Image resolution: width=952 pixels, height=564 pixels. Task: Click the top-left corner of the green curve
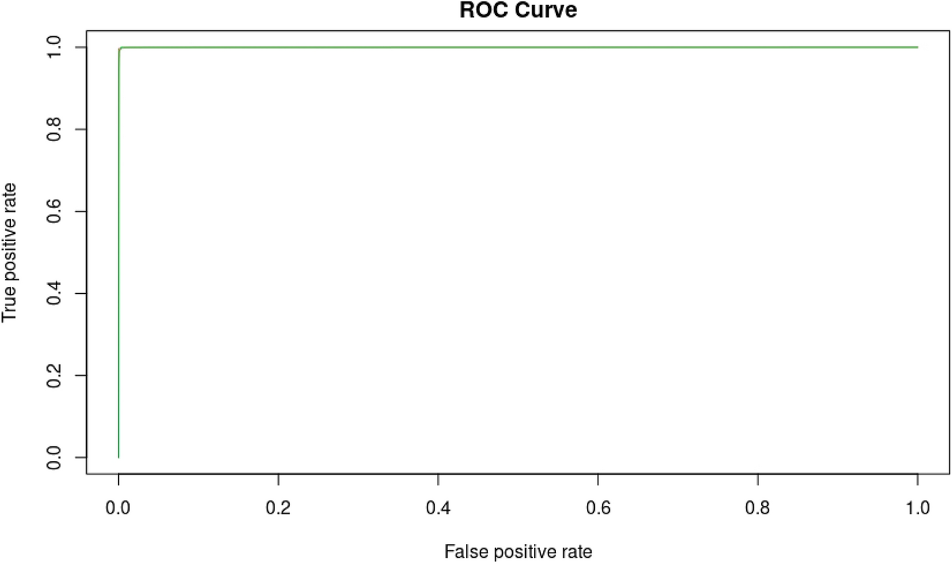(x=120, y=48)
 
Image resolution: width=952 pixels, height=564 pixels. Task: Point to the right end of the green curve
(x=917, y=47)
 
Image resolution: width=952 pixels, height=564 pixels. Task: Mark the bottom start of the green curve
(x=118, y=457)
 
